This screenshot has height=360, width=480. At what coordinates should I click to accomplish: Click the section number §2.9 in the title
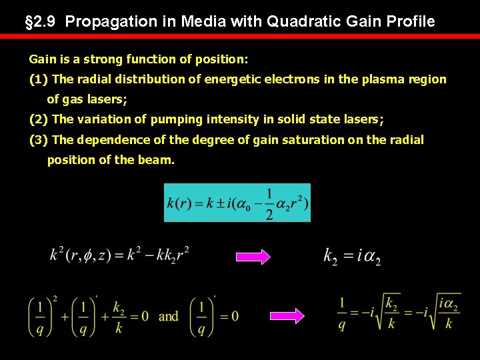point(41,21)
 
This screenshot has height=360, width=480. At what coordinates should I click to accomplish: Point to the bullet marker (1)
point(39,79)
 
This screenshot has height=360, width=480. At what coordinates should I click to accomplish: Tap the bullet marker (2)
point(39,120)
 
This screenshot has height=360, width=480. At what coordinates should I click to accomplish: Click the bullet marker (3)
point(39,140)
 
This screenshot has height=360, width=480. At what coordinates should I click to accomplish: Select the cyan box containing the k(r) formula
point(237,202)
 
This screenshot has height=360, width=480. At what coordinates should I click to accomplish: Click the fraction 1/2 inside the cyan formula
point(269,203)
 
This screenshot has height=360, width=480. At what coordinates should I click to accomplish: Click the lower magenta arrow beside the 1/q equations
point(286,316)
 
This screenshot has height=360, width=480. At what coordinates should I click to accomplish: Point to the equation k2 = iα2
point(352,256)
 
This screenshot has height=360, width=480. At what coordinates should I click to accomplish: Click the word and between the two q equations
point(169,316)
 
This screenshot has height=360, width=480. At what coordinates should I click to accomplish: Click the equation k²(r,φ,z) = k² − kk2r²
point(119,254)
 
